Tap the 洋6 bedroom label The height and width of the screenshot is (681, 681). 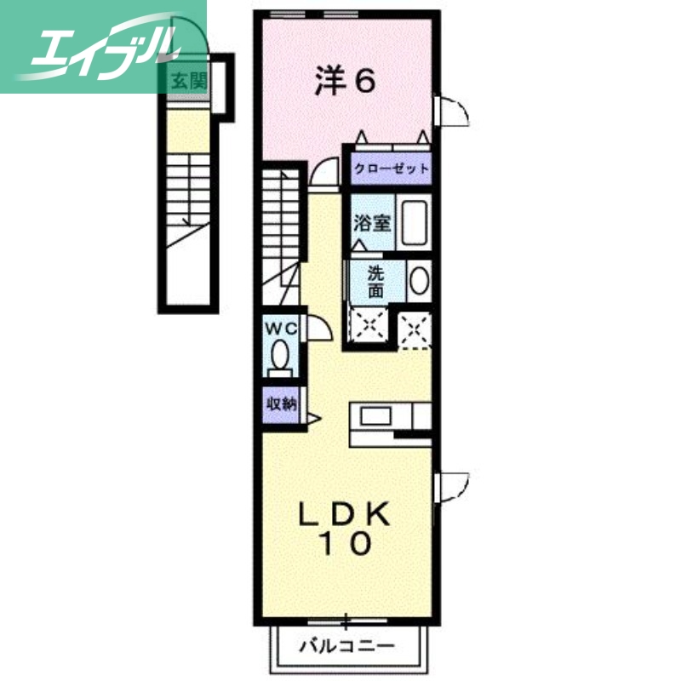345,82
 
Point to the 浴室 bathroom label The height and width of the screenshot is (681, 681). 372,223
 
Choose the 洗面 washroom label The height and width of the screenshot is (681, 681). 375,282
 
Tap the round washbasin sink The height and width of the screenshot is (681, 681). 418,282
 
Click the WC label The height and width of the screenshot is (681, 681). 279,327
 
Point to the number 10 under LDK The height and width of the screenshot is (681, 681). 345,544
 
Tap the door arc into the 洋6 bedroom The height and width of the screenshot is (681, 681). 323,173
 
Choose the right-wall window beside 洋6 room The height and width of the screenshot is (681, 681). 451,111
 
